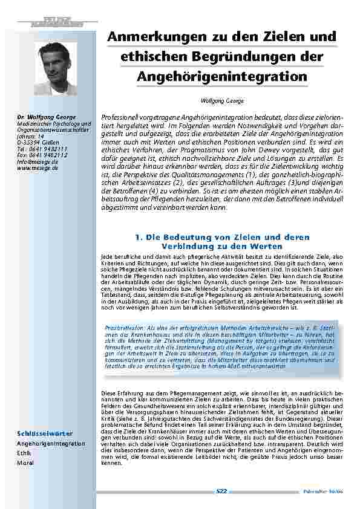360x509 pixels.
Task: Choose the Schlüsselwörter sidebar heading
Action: coord(44,433)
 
